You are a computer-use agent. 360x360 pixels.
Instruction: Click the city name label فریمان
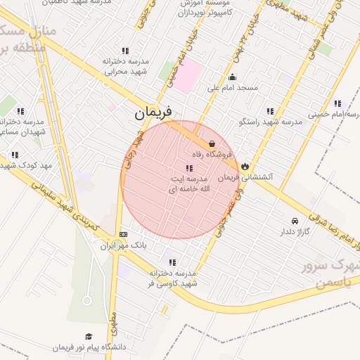pyautogui.click(x=154, y=112)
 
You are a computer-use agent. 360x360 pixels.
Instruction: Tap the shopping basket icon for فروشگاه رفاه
pyautogui.click(x=212, y=143)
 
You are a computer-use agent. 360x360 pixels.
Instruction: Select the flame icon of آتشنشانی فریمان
pyautogui.click(x=245, y=165)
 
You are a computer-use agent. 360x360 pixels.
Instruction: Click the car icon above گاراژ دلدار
pyautogui.click(x=294, y=220)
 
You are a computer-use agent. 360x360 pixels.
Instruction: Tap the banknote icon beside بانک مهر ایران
pyautogui.click(x=124, y=234)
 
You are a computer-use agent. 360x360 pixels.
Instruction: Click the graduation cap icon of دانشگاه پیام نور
pyautogui.click(x=88, y=336)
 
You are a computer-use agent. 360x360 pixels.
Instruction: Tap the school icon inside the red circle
pyautogui.click(x=188, y=168)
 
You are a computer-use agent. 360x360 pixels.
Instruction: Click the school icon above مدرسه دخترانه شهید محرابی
pyautogui.click(x=125, y=51)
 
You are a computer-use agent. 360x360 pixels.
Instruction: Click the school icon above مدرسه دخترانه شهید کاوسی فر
pyautogui.click(x=172, y=262)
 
